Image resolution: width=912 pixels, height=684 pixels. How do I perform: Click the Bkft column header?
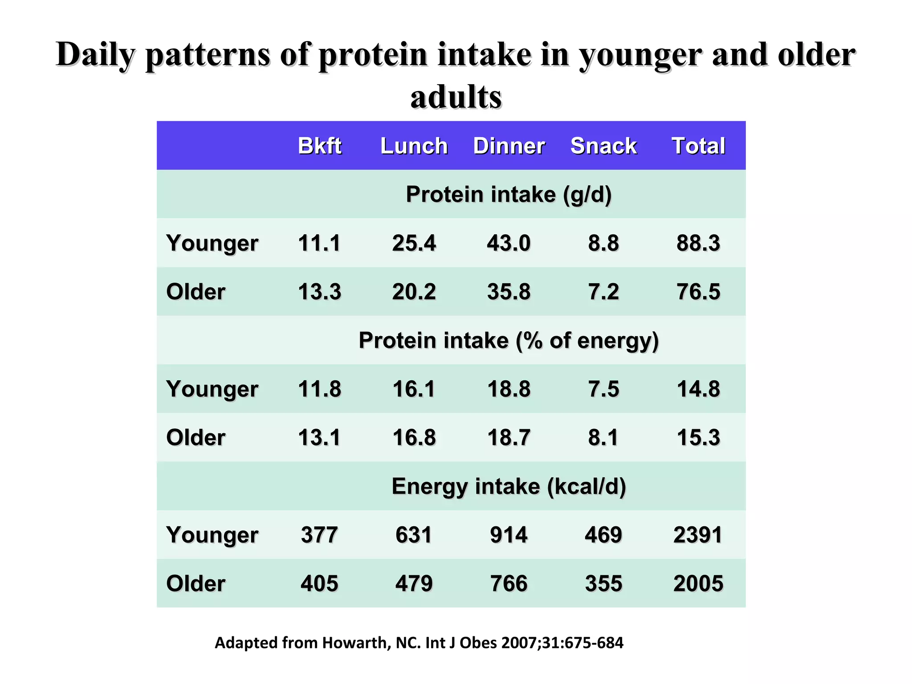point(319,146)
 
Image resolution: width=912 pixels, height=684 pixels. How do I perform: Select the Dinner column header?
point(509,146)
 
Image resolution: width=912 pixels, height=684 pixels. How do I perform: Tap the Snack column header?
point(603,146)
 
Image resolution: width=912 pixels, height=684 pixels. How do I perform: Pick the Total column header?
point(698,146)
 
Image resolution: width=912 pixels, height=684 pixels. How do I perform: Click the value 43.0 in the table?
point(509,243)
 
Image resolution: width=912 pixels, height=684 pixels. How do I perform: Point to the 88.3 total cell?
point(698,243)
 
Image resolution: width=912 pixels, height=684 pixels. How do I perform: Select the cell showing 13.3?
point(319,292)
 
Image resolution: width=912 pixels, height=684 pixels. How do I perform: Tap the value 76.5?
point(698,292)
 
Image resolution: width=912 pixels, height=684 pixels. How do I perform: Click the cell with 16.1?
point(414,389)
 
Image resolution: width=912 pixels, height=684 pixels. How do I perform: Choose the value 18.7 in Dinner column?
point(509,437)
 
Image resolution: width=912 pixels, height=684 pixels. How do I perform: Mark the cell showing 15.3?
point(698,437)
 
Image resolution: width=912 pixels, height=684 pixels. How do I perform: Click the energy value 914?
point(509,534)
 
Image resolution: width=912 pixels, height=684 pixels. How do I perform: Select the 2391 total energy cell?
point(698,534)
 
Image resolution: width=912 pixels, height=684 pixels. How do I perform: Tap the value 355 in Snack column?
point(603,583)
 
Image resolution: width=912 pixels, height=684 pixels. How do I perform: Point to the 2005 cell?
point(698,583)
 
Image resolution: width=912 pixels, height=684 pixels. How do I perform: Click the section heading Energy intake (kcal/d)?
point(509,486)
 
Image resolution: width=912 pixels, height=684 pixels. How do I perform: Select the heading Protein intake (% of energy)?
point(509,340)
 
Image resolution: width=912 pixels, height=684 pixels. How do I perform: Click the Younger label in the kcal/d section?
point(212,534)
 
